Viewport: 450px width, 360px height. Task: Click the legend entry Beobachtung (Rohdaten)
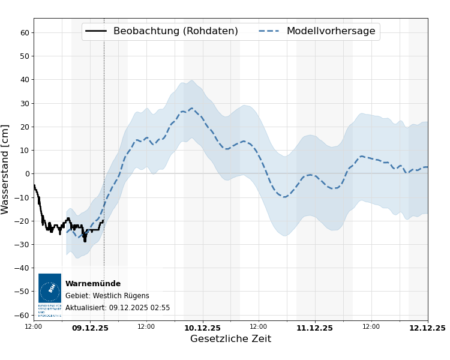(x=175, y=31)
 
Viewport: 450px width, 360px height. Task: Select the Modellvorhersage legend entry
(x=331, y=31)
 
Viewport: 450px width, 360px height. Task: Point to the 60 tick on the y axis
(x=25, y=32)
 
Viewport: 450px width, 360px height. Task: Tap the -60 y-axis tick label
(x=23, y=315)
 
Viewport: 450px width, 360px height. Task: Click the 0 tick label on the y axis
(x=27, y=174)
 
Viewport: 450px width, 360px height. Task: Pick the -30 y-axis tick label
(x=23, y=245)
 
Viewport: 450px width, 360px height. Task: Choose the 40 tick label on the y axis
(x=25, y=80)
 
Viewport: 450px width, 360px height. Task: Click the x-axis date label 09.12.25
(x=90, y=328)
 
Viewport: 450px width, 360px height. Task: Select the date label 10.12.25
(x=202, y=328)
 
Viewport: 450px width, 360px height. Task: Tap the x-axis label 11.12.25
(x=314, y=328)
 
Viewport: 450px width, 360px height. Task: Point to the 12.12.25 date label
(x=427, y=328)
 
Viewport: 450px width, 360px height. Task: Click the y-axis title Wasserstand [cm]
(x=5, y=169)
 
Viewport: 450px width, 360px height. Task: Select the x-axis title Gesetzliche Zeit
(x=230, y=339)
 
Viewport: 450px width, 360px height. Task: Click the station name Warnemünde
(x=93, y=284)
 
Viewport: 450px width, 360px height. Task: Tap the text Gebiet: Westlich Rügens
(x=107, y=296)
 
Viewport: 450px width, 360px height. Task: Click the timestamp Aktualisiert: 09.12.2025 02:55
(x=118, y=308)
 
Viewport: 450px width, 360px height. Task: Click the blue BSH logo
(x=50, y=288)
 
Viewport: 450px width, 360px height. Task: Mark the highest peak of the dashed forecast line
(x=191, y=109)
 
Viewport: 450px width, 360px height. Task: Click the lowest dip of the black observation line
(x=85, y=241)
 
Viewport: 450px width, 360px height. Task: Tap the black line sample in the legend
(x=96, y=31)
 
